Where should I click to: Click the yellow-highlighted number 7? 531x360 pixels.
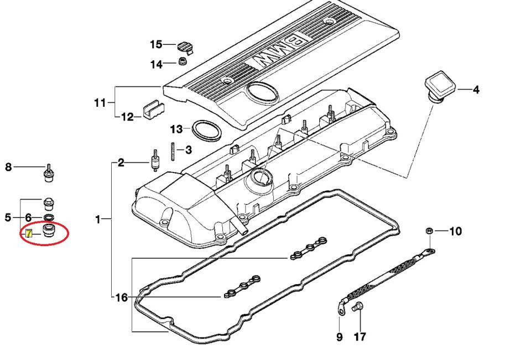(x=29, y=233)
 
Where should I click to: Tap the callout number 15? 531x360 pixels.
(x=156, y=44)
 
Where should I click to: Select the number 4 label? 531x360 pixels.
(x=476, y=90)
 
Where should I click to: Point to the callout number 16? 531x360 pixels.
(x=122, y=298)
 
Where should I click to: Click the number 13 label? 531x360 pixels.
(x=176, y=129)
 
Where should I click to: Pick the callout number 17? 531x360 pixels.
(x=360, y=337)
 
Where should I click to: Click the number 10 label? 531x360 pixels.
(x=455, y=231)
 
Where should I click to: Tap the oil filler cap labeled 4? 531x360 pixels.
(x=439, y=86)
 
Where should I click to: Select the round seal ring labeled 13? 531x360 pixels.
(x=206, y=130)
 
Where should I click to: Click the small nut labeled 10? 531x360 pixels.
(x=429, y=231)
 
